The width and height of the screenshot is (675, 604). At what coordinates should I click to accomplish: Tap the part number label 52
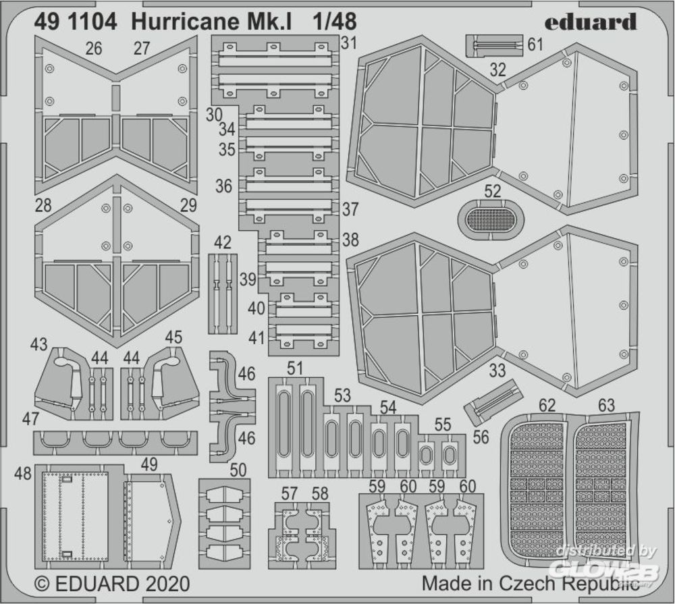point(493,191)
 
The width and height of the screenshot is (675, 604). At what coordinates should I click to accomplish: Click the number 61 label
point(535,45)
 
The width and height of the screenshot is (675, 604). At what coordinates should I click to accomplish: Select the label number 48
point(22,473)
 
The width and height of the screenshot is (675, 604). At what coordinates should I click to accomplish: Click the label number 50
point(238,470)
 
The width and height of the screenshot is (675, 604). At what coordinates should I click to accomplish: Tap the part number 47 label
point(30,418)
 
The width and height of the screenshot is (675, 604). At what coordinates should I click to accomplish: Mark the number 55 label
point(443,424)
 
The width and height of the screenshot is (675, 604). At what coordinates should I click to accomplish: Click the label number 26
point(94,49)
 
